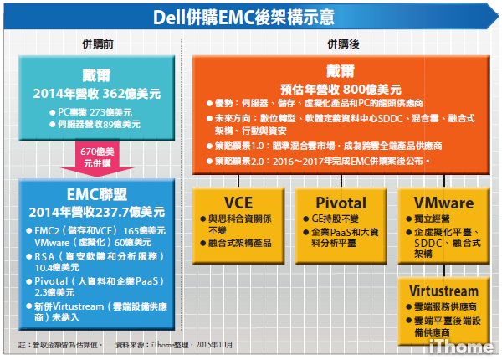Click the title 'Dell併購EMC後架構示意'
pyautogui.click(x=243, y=17)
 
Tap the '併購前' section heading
pyautogui.click(x=98, y=44)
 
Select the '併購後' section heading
pyautogui.click(x=343, y=44)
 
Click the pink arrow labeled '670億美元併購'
pyautogui.click(x=97, y=158)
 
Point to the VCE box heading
pyautogui.click(x=238, y=203)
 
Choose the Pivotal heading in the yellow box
pyautogui.click(x=341, y=203)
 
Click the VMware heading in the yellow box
pyautogui.click(x=443, y=203)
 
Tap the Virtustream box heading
pyautogui.click(x=443, y=291)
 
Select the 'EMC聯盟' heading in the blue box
pyautogui.click(x=97, y=194)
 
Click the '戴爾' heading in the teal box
pyautogui.click(x=96, y=75)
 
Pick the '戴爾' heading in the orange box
pyautogui.click(x=341, y=71)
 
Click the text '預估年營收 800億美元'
pyautogui.click(x=341, y=90)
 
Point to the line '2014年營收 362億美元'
pyautogui.click(x=97, y=94)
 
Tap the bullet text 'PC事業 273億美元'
pyautogui.click(x=95, y=112)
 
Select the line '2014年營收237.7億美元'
pyautogui.click(x=97, y=212)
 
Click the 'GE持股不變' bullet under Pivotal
pyautogui.click(x=335, y=219)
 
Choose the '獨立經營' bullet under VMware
pyautogui.click(x=432, y=219)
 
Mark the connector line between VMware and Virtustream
pyautogui.click(x=444, y=270)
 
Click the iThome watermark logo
pyautogui.click(x=461, y=347)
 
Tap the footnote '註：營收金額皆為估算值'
pyautogui.click(x=60, y=345)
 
